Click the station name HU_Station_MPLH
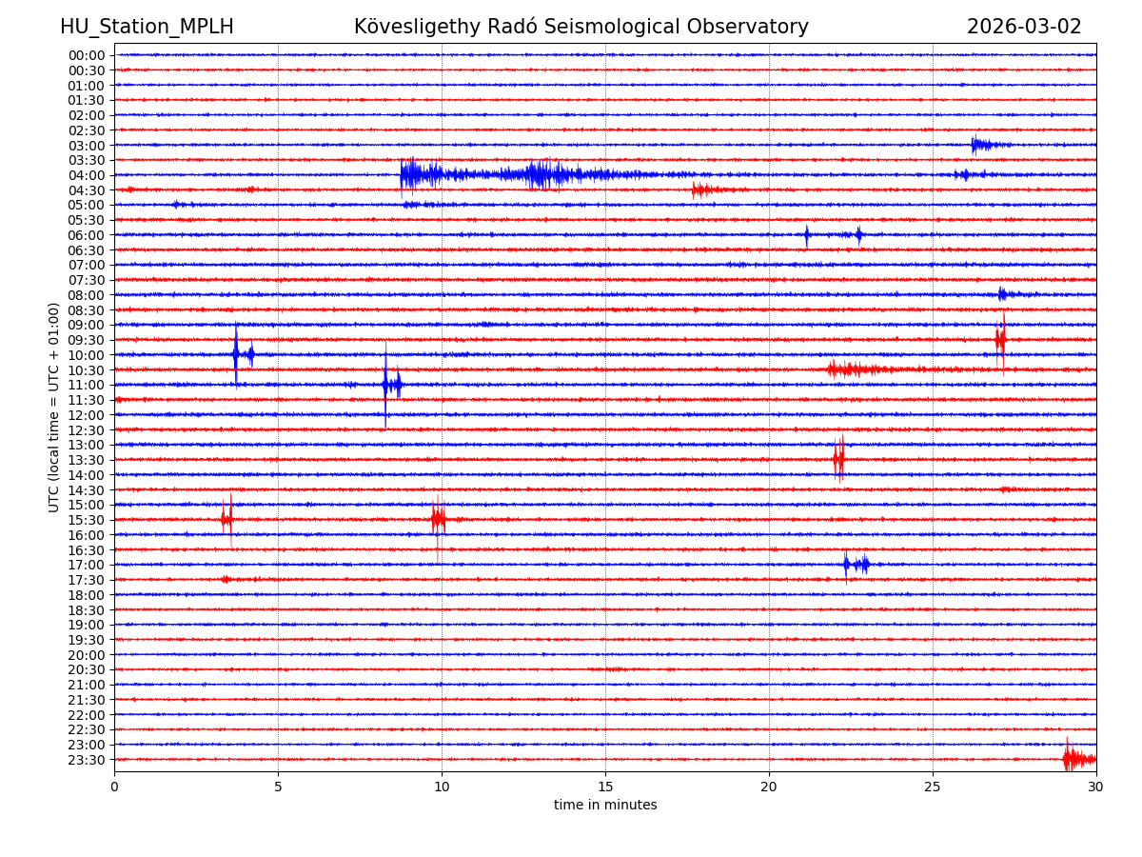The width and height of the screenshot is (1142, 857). point(147,27)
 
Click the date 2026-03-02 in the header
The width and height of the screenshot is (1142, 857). point(1024,27)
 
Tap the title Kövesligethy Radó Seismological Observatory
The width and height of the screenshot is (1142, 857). point(581,27)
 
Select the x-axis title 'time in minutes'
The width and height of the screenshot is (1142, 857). point(605,806)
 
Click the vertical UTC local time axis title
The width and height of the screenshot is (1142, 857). point(54,407)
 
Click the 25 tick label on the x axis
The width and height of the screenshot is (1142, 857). point(933,787)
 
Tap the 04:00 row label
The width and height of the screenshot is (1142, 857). point(87,175)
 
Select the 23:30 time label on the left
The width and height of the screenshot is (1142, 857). point(87,760)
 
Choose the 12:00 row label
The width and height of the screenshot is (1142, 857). point(87,415)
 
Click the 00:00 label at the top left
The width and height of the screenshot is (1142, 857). point(87,55)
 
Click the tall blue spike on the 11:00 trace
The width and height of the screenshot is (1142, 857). point(386,385)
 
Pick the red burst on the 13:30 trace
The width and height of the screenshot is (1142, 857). point(838,459)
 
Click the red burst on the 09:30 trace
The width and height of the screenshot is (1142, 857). point(1000,339)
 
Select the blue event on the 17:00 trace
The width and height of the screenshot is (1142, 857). point(855,565)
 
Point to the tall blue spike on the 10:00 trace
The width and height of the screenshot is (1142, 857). point(236,354)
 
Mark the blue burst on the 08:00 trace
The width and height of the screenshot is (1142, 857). point(1003,294)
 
